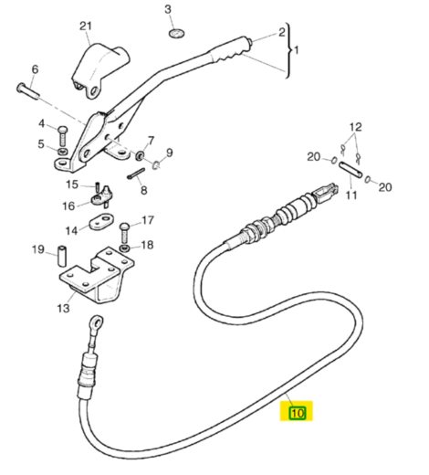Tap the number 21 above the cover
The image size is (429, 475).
[86, 26]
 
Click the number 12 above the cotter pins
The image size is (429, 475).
[355, 126]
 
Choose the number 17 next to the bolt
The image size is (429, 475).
[148, 220]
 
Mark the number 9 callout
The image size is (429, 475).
[168, 153]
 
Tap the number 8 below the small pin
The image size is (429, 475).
[142, 191]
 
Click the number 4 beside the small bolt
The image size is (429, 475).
[41, 123]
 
